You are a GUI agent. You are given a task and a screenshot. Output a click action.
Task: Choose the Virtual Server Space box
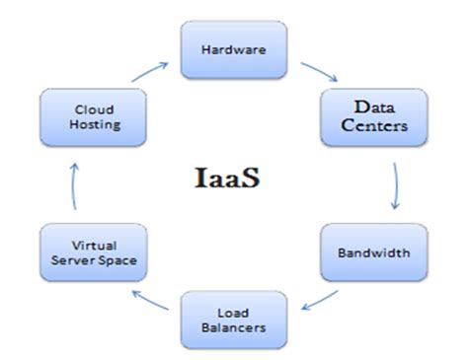(92, 252)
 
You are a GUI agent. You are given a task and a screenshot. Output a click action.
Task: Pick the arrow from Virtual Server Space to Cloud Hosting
(71, 186)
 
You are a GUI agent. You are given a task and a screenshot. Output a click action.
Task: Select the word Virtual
(92, 244)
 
